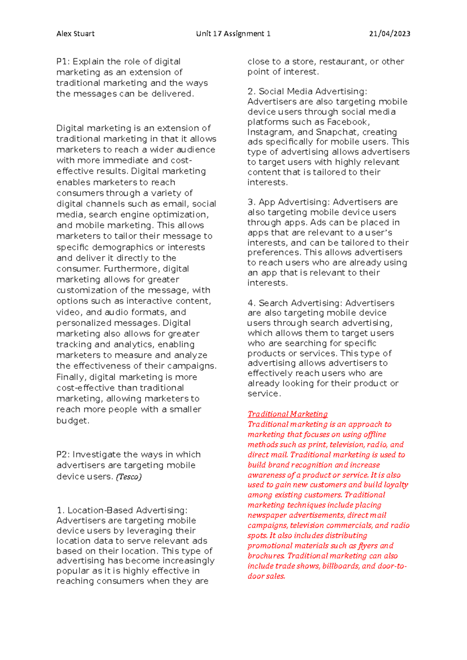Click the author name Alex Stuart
[x=75, y=34]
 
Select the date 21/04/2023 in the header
[x=390, y=34]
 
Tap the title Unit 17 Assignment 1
[x=233, y=34]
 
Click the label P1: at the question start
[x=63, y=62]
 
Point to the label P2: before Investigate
[x=63, y=455]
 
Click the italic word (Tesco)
[x=129, y=477]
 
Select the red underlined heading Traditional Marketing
[x=288, y=414]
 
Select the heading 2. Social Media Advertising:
[x=307, y=92]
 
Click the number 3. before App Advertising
[x=251, y=203]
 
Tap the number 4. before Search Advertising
[x=251, y=303]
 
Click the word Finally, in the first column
[x=72, y=377]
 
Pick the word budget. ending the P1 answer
[x=73, y=421]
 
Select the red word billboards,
[x=341, y=566]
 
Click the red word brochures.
[x=266, y=556]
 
